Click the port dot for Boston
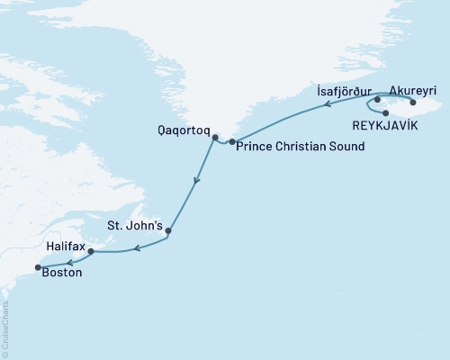[x=37, y=266]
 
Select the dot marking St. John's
[x=169, y=231]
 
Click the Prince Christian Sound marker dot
[x=232, y=142]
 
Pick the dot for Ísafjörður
[x=377, y=101]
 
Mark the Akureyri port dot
[x=413, y=102]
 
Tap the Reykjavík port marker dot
[x=385, y=112]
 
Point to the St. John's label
[x=135, y=226]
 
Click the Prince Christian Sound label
[x=299, y=147]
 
